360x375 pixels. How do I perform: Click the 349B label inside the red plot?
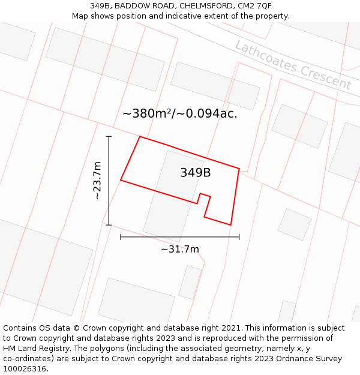195,173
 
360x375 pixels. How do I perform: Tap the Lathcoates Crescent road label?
293,65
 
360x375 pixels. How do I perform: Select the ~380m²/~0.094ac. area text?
180,113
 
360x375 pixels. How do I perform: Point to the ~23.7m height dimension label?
97,180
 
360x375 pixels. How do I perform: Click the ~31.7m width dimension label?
180,249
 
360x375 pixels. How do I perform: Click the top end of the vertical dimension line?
109,137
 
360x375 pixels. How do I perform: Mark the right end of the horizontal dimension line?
239,237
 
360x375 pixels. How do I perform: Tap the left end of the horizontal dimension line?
121,237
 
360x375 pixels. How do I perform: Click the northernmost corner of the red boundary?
140,137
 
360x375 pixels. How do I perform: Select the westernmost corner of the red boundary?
121,179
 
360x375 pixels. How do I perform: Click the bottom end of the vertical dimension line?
109,225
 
